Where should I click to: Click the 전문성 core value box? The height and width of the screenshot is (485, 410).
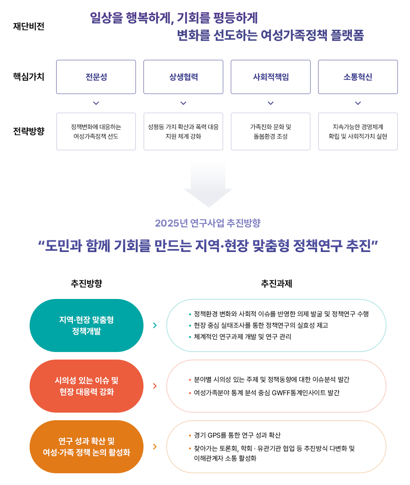(96, 77)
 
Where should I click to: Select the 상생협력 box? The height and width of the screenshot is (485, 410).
(183, 77)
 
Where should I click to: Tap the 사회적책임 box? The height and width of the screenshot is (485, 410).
(271, 77)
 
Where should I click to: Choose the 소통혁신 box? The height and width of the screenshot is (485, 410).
(358, 77)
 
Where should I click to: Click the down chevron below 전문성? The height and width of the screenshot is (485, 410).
(96, 103)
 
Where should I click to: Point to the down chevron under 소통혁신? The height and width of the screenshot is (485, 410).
(358, 103)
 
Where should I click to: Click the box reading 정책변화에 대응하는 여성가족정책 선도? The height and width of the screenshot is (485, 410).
(96, 131)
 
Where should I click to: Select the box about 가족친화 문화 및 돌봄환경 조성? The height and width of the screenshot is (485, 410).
(271, 131)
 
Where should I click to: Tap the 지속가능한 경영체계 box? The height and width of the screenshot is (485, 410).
(358, 131)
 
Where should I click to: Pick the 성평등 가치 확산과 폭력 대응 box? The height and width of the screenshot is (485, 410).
(183, 131)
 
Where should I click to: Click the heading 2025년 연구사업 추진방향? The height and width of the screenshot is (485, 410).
(207, 223)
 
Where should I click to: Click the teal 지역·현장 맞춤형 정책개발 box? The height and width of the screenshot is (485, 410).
(87, 325)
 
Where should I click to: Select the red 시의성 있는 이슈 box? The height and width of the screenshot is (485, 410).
(87, 386)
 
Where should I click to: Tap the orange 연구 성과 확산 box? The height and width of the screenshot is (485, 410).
(87, 446)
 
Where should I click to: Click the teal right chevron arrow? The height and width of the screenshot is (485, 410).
(155, 325)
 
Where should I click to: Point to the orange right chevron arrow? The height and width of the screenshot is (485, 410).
(155, 447)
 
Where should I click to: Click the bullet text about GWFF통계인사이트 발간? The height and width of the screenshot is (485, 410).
(266, 393)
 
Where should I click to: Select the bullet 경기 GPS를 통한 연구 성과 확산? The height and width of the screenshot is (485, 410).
(237, 435)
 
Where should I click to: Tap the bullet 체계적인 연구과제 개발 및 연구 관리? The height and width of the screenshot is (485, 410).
(242, 337)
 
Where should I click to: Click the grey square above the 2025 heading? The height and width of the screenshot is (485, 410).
(208, 185)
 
